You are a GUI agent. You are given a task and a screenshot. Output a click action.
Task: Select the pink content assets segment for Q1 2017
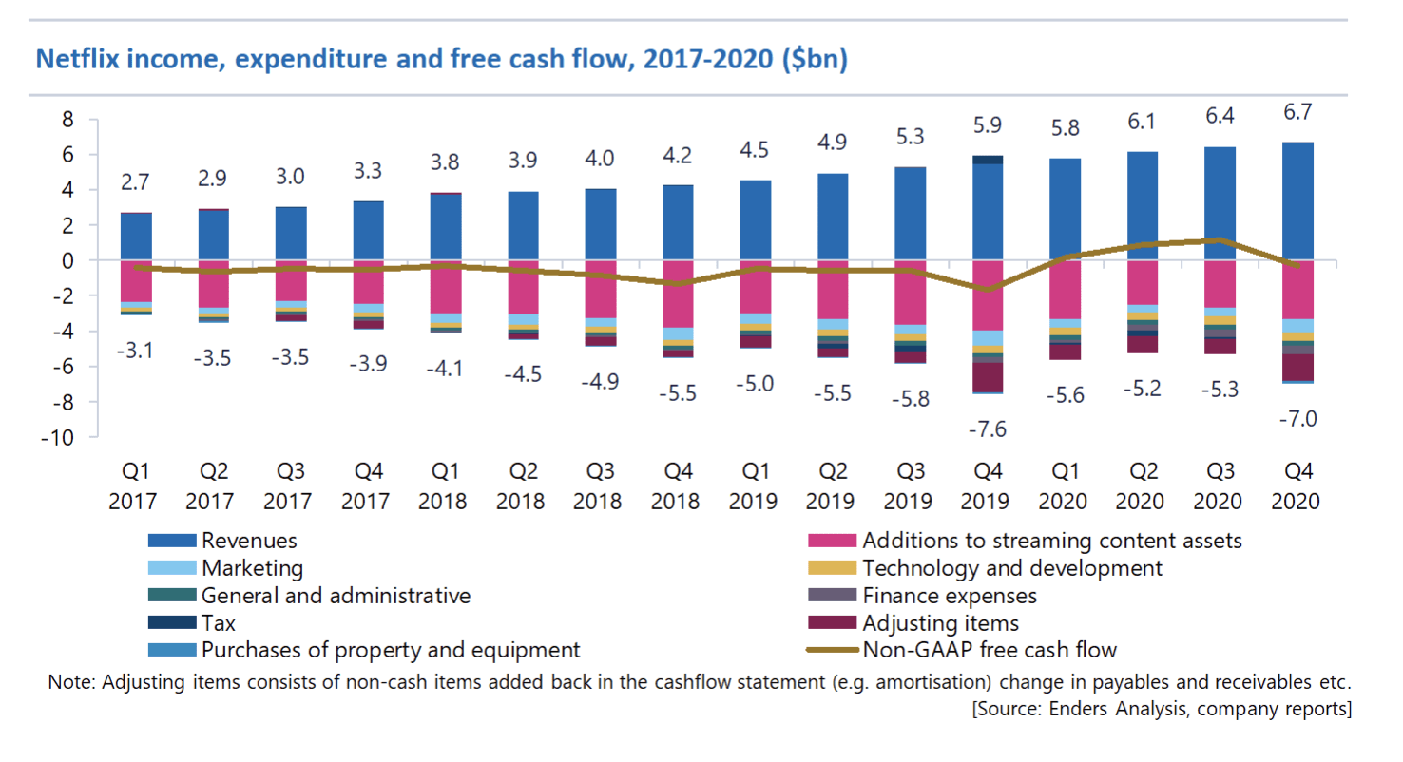click(x=136, y=281)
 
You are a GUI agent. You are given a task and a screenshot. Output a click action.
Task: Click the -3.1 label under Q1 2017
click(x=137, y=352)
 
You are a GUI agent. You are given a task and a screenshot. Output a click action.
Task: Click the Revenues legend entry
click(x=249, y=541)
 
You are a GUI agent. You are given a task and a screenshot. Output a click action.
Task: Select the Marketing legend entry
click(x=253, y=568)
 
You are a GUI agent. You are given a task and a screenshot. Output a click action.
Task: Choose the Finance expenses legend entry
click(x=949, y=596)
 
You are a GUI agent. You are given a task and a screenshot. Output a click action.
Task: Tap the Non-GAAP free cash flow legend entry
click(x=989, y=651)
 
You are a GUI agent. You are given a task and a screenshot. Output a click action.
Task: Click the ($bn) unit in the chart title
click(x=815, y=60)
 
